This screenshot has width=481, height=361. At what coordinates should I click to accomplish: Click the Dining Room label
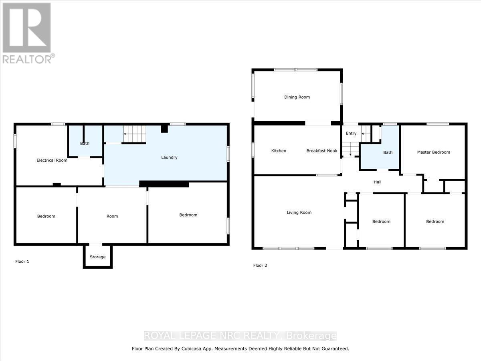[x=297, y=97]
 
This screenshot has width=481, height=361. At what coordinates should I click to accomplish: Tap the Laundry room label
[x=169, y=157]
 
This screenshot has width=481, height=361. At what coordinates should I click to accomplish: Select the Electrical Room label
[x=52, y=160]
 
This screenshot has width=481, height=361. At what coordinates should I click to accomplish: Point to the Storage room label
[x=98, y=257]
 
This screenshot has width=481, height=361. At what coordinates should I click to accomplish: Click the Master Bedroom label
[x=433, y=152]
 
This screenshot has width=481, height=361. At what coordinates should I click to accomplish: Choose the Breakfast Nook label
[x=322, y=151]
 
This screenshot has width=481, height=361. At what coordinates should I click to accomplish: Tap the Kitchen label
[x=279, y=151]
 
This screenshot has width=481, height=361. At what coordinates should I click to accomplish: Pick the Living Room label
[x=299, y=213]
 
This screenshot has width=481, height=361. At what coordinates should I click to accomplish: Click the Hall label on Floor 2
[x=378, y=182]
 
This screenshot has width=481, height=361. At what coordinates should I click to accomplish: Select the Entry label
[x=351, y=133]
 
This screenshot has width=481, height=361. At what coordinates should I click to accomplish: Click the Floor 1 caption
[x=22, y=262]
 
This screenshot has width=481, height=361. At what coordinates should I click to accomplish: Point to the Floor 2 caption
[x=260, y=266]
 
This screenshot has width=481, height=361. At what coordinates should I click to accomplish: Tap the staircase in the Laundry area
[x=135, y=134]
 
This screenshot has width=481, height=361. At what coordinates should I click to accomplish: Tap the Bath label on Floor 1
[x=85, y=143]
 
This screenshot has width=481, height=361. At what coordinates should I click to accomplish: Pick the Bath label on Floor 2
[x=388, y=152]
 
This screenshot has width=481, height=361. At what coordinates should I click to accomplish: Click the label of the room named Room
[x=112, y=216]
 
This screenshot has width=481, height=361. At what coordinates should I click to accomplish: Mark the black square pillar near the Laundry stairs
[x=164, y=128]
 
